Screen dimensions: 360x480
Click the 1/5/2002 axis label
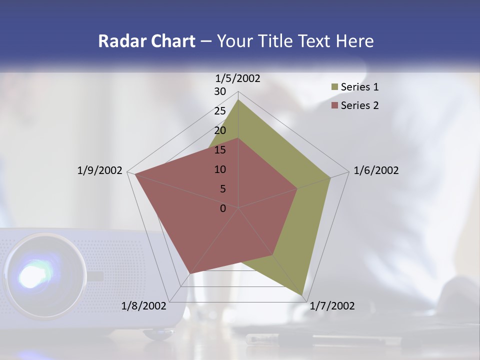(237, 78)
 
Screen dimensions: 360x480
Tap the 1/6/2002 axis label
(376, 170)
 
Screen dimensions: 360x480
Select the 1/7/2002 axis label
(332, 306)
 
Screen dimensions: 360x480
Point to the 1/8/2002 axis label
(143, 306)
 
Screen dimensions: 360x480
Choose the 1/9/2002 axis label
(99, 170)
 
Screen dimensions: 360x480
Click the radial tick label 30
(220, 91)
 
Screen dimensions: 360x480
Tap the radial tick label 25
(220, 111)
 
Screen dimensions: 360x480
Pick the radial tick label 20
(220, 130)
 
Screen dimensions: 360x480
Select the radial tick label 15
(220, 150)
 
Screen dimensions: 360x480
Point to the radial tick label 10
(220, 169)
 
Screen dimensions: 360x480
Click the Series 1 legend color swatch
(334, 87)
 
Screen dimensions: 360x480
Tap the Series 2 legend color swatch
(334, 105)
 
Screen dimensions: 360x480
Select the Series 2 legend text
(359, 105)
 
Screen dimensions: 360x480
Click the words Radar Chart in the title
(146, 41)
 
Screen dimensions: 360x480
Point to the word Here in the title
(354, 41)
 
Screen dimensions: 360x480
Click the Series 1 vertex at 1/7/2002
(302, 295)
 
